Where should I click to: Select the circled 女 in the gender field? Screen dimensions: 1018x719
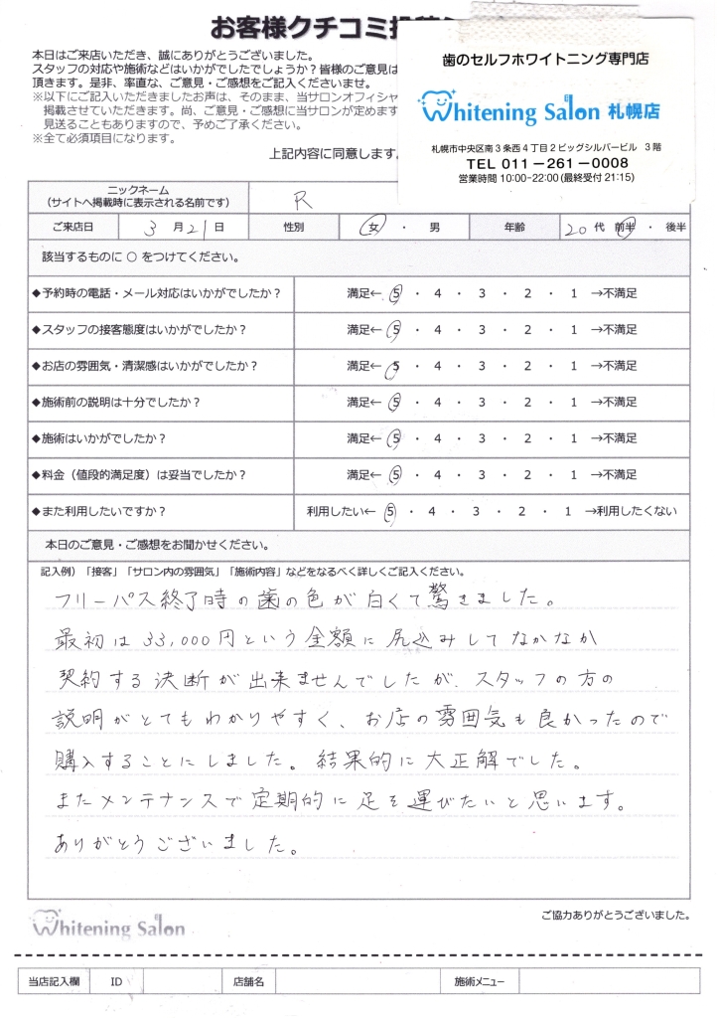pos(375,228)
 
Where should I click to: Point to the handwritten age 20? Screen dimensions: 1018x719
pos(573,228)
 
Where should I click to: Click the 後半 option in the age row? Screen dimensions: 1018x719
pos(675,228)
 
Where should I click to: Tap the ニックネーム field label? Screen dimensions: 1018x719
pos(136,189)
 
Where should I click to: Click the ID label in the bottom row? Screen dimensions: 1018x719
pos(116,982)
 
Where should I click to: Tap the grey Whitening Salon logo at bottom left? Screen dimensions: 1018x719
pos(109,926)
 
